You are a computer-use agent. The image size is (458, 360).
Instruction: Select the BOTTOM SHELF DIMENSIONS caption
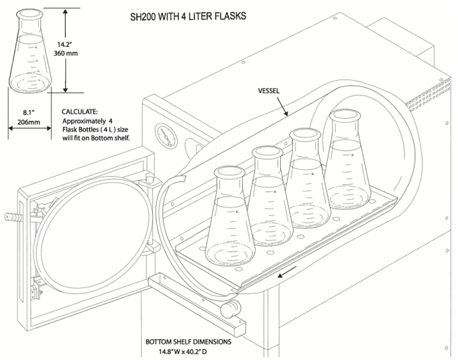point(193,342)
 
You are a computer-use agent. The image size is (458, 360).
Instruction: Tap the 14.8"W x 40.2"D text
point(193,352)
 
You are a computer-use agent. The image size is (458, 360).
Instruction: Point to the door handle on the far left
point(12,217)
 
